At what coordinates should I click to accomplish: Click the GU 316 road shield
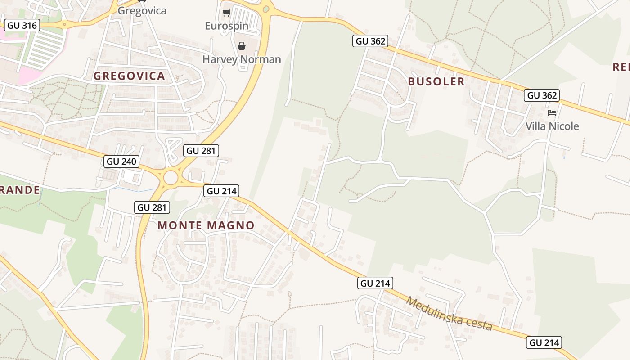(22, 25)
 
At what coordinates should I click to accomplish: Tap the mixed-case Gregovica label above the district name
(142, 10)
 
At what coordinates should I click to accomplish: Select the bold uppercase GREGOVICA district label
(129, 76)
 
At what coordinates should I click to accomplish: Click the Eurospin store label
(226, 26)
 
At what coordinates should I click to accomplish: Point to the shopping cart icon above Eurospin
(226, 13)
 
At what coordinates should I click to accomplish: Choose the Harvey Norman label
(242, 59)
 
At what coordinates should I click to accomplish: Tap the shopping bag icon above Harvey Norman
(242, 46)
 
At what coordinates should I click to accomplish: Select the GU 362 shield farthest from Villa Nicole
(370, 41)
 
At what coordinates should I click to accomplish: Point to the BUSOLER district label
(436, 81)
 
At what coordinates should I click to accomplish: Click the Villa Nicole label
(552, 126)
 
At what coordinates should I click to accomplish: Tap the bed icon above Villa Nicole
(552, 112)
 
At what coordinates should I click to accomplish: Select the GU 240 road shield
(121, 162)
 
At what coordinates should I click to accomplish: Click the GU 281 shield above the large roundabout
(201, 151)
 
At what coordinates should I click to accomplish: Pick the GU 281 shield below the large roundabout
(153, 207)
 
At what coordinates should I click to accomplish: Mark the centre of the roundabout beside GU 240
(171, 178)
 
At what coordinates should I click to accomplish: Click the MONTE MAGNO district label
(206, 225)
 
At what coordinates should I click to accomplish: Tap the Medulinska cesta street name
(449, 313)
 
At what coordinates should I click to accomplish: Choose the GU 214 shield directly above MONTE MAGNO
(221, 191)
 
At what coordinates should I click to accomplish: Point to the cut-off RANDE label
(20, 190)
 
